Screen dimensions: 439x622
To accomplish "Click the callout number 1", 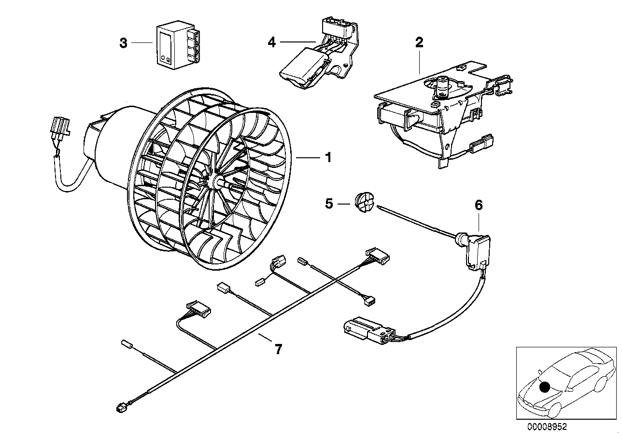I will [328, 157].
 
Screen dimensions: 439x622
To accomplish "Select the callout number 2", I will [419, 42].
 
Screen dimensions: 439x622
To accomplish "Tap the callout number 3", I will [124, 43].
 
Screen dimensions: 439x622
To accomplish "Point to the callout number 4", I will [272, 42].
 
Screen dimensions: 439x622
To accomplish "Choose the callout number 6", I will [479, 205].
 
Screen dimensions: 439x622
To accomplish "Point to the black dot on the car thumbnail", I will [545, 387].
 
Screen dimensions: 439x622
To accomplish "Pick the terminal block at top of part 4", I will [335, 27].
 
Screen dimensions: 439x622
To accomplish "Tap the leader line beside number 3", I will [142, 43].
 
